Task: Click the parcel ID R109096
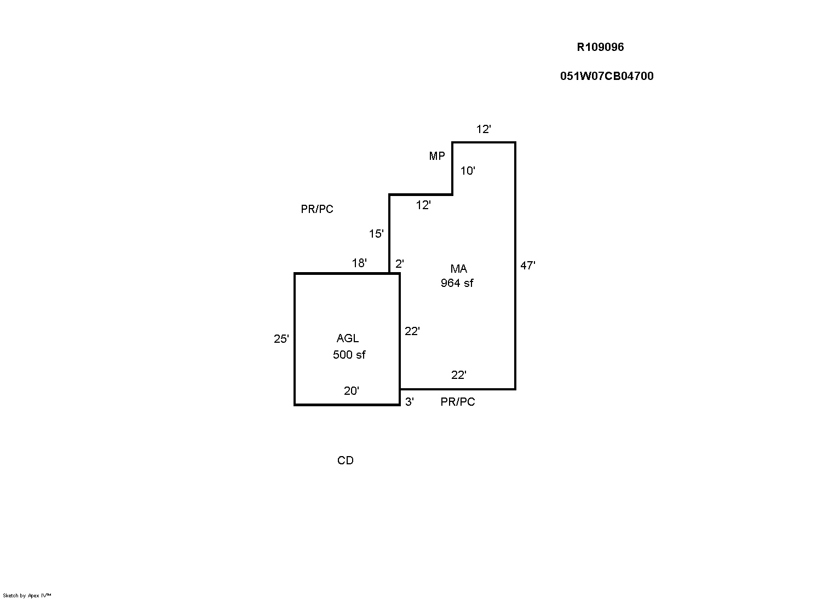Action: coord(600,47)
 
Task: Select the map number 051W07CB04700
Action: coord(607,76)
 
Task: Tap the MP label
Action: coord(437,156)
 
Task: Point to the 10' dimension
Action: coord(468,171)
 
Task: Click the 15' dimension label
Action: coord(376,233)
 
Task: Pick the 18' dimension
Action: coord(359,263)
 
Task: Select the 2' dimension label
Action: coord(400,264)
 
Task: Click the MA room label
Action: coord(458,269)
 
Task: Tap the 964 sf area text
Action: coord(457,283)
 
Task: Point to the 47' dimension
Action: coord(528,266)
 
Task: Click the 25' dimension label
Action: coord(281,339)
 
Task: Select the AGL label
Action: coord(348,338)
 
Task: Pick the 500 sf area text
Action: coord(349,355)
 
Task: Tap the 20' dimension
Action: coord(352,391)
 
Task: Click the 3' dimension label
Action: coord(410,402)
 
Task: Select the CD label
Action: coord(346,460)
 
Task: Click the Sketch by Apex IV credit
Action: coord(27,596)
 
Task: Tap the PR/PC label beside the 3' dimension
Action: coord(458,402)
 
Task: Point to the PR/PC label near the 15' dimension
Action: coord(317,209)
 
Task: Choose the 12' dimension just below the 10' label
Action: coord(423,205)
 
